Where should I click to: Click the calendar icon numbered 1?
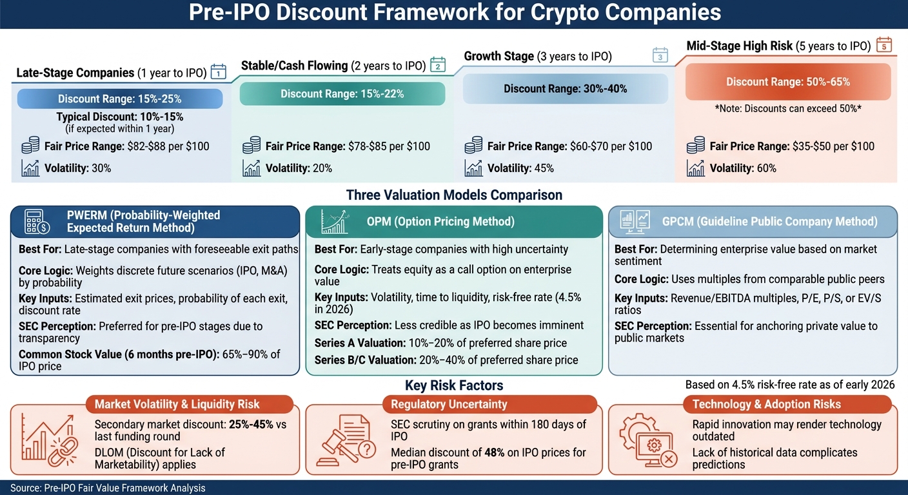219,72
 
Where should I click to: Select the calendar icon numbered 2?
438,64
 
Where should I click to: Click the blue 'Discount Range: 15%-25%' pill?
119,99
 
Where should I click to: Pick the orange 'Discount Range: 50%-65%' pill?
787,82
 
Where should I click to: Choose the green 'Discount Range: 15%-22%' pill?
342,93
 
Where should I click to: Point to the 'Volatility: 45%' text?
520,168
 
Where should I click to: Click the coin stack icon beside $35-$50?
696,146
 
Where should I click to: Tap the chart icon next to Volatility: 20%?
252,168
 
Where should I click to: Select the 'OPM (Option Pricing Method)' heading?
440,221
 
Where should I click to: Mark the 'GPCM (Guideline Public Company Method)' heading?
769,221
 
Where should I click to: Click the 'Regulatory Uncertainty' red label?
449,404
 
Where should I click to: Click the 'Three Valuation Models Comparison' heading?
454,195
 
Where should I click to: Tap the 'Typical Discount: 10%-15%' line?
119,117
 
